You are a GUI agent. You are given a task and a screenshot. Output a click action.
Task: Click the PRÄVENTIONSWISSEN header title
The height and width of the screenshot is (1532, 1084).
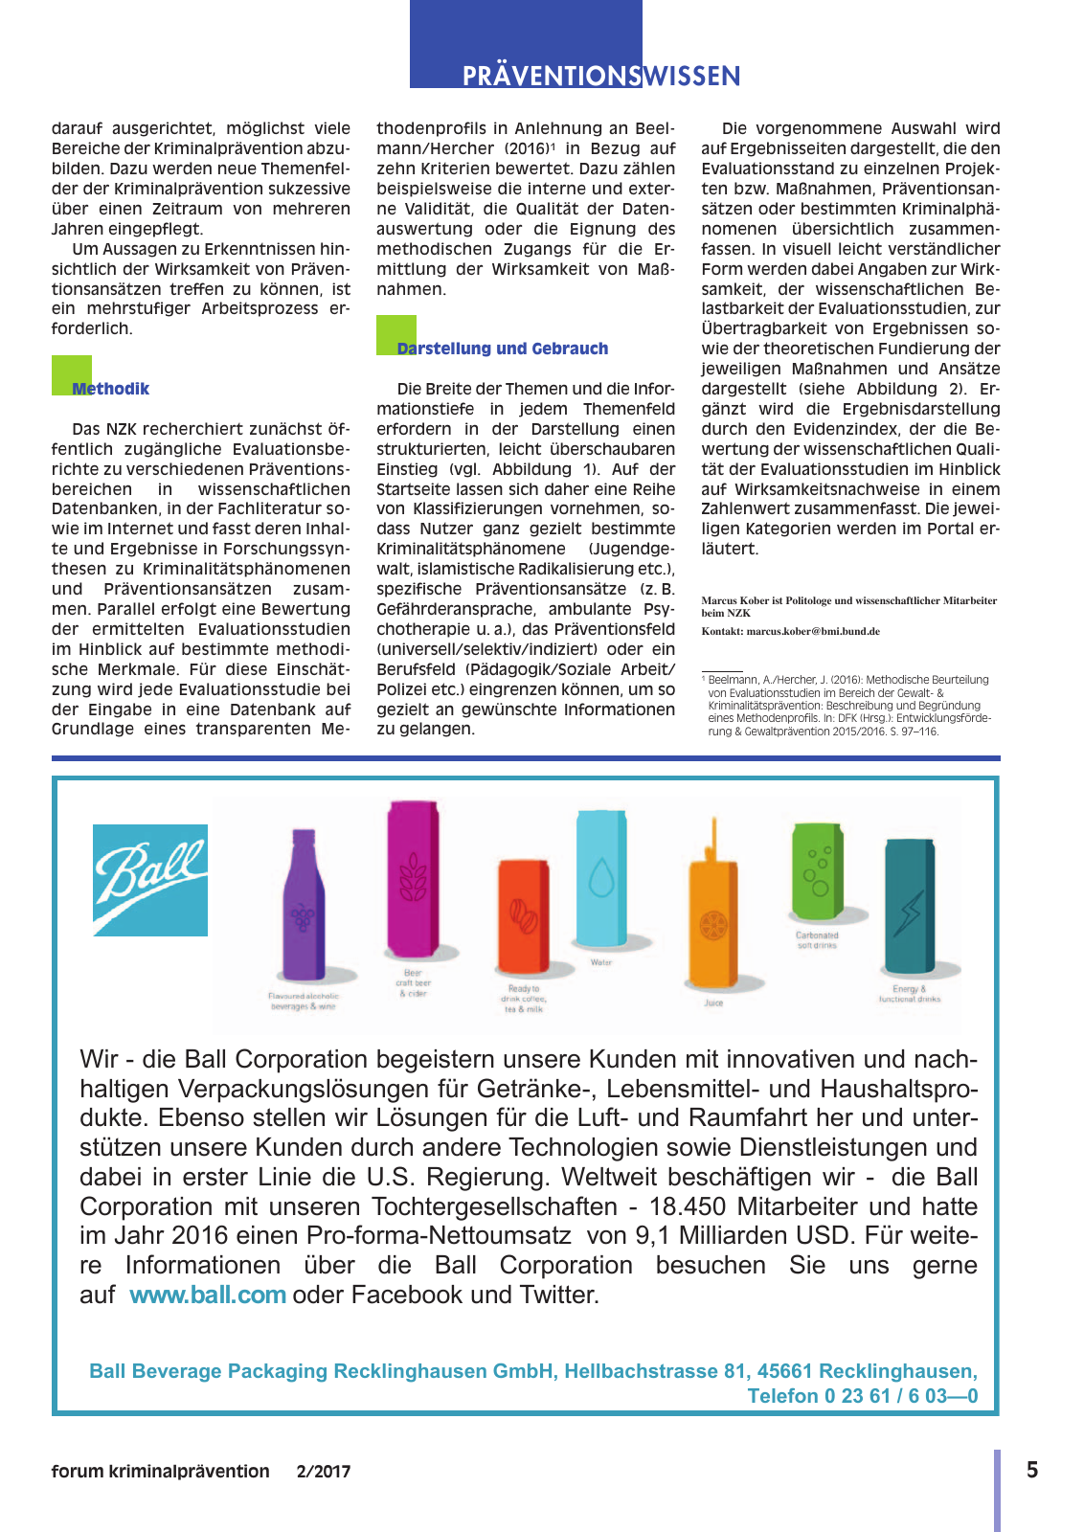pyautogui.click(x=600, y=77)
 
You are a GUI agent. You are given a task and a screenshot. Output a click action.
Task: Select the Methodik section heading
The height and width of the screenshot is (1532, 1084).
pyautogui.click(x=110, y=389)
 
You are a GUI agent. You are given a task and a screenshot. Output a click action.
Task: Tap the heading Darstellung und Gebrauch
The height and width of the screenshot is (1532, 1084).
pyautogui.click(x=503, y=349)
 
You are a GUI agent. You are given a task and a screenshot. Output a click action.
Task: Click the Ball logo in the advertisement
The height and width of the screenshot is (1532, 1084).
pyautogui.click(x=150, y=880)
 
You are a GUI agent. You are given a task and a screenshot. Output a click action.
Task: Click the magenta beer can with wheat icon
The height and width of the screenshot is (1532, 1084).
pyautogui.click(x=414, y=879)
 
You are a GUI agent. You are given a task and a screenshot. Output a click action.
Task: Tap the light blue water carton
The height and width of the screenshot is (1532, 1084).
pyautogui.click(x=601, y=877)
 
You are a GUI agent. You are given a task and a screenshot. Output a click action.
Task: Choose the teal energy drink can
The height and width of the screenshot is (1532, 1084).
pyautogui.click(x=909, y=906)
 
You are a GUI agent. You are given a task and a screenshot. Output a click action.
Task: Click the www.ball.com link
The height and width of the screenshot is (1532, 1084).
pyautogui.click(x=208, y=1295)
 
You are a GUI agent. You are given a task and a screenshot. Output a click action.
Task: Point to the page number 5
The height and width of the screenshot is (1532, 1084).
pyautogui.click(x=1032, y=1470)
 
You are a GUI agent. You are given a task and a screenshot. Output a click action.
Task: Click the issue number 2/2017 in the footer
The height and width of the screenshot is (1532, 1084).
pyautogui.click(x=324, y=1472)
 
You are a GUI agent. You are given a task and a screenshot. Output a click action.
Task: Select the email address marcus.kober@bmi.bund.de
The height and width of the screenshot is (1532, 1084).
pyautogui.click(x=813, y=632)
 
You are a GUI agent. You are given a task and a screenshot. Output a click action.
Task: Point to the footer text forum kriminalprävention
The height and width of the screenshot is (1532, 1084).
pyautogui.click(x=160, y=1472)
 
